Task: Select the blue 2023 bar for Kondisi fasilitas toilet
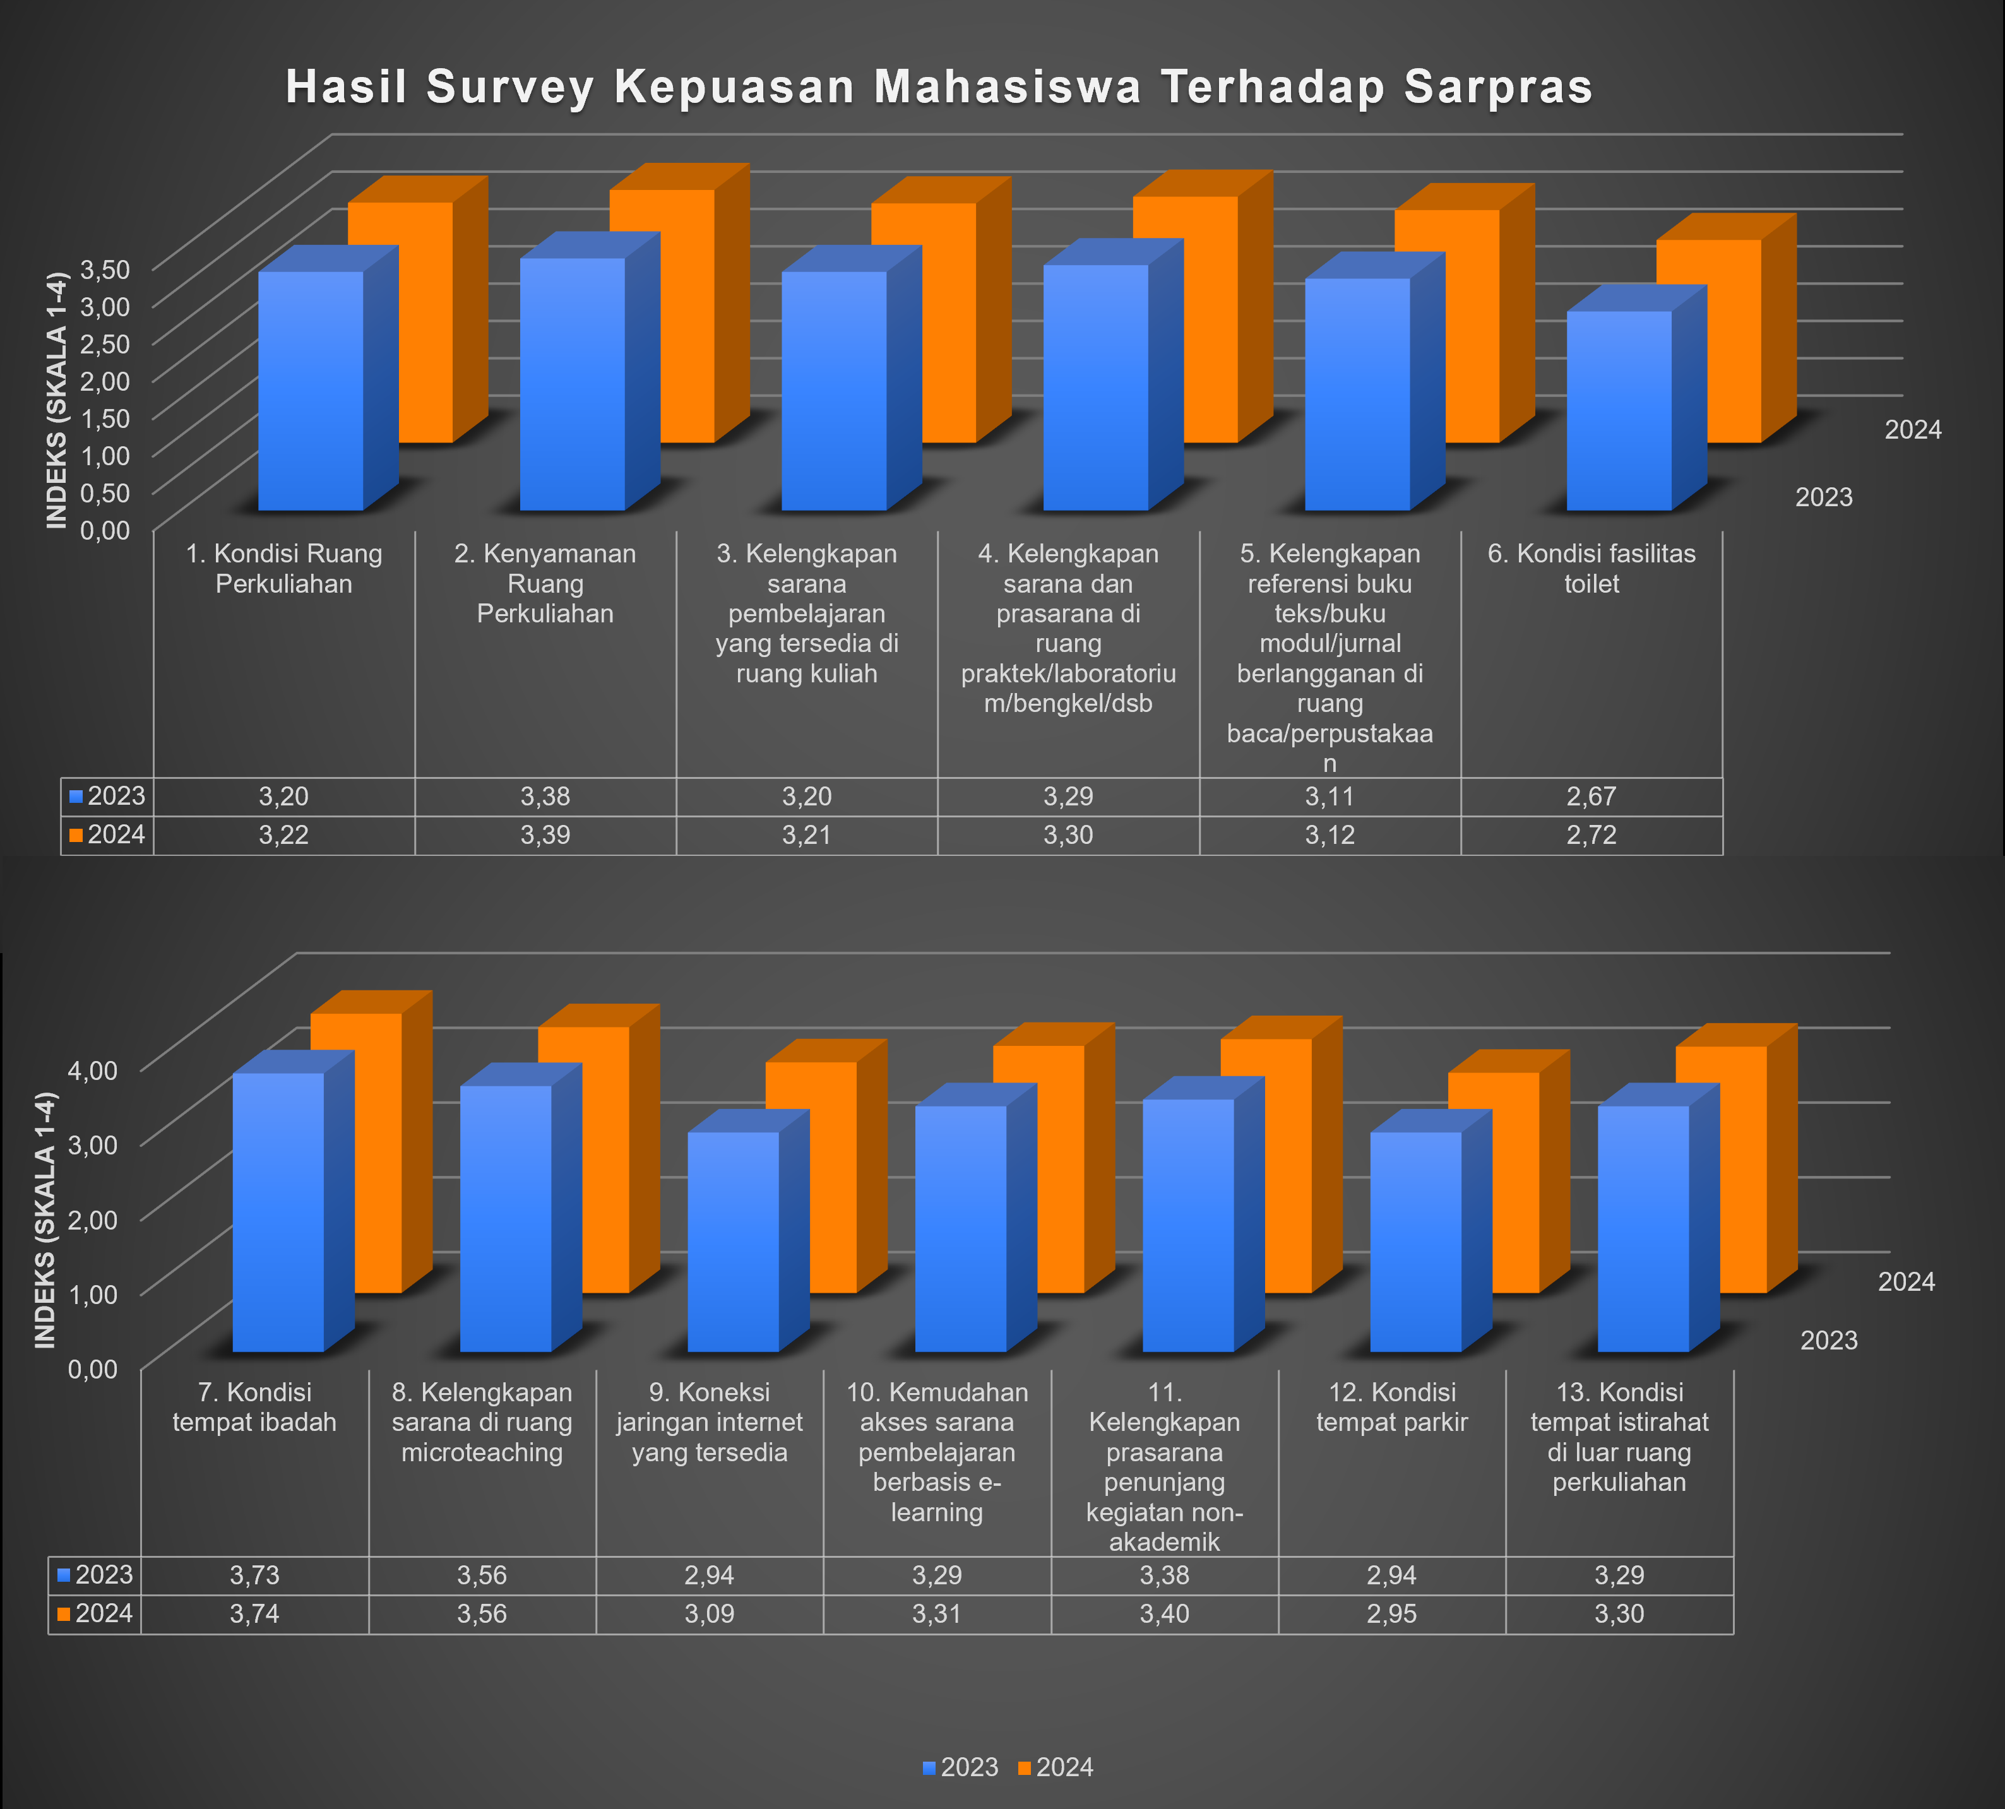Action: point(1618,413)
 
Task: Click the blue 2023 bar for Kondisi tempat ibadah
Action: point(278,1213)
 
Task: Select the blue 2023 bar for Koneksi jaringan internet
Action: point(732,1242)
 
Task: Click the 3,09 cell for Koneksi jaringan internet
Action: point(709,1613)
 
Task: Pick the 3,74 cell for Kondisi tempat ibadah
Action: point(254,1613)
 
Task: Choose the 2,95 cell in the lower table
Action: point(1391,1613)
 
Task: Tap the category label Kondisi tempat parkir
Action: point(1391,1408)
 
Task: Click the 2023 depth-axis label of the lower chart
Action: point(1828,1341)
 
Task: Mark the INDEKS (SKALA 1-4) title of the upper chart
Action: point(57,400)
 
